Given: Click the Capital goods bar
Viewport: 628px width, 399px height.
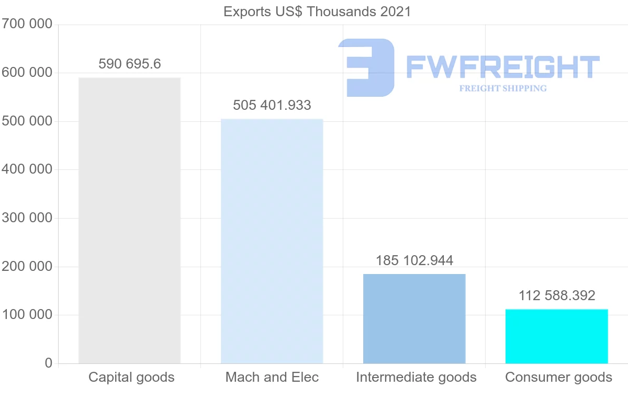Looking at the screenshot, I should coord(129,220).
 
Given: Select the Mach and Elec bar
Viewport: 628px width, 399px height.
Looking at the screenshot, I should coord(272,241).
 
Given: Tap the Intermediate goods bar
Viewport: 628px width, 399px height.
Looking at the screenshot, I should coord(414,318).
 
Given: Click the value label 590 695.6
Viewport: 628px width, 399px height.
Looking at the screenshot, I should coord(130,64).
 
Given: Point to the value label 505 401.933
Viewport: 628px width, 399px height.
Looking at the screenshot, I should coord(272,105).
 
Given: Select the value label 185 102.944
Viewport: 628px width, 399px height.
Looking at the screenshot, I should coord(414,260).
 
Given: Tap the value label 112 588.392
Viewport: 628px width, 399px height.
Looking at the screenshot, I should coord(557,295).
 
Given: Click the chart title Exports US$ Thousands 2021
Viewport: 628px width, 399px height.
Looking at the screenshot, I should coord(317,12).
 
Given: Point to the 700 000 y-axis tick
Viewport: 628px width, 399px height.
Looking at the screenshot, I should coord(27,24).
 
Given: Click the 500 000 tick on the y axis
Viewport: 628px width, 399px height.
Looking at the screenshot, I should coord(27,121).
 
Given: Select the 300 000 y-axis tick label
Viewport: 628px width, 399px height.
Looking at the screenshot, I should coord(27,218).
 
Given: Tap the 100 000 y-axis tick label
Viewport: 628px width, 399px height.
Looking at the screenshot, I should coord(27,315).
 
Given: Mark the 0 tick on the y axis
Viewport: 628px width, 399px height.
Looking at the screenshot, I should coord(49,363).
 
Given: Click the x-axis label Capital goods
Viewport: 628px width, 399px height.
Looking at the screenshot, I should coord(131,377).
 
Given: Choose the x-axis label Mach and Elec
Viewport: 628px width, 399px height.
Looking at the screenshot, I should coord(272,377).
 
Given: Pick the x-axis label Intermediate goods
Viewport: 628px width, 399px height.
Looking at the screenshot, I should coord(416,377).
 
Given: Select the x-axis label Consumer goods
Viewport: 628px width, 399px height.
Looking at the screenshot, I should coord(558,377).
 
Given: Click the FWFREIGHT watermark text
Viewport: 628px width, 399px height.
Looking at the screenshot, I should coord(502,67).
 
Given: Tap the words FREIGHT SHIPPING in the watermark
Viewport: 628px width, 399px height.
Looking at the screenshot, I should coord(503,88).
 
